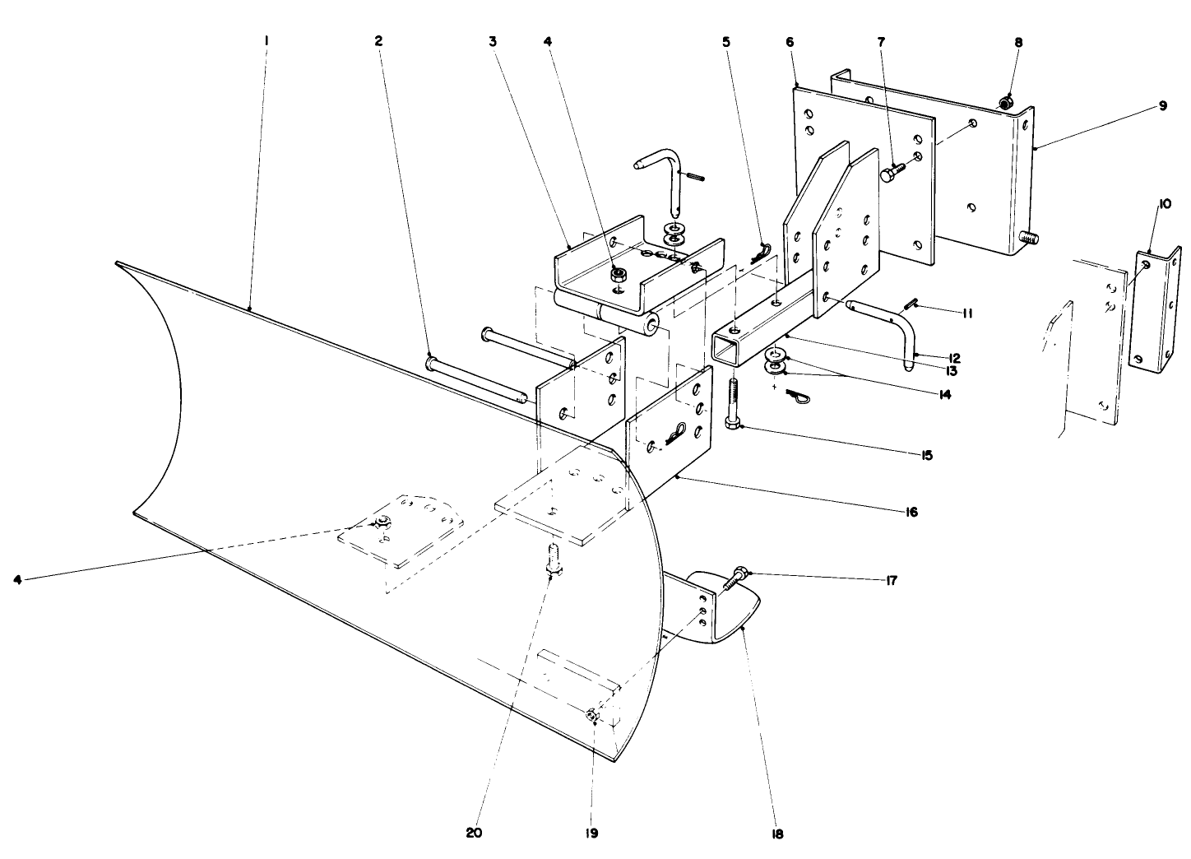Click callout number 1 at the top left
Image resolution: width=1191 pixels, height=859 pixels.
pyautogui.click(x=266, y=40)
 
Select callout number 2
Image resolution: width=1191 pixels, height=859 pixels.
pyautogui.click(x=378, y=40)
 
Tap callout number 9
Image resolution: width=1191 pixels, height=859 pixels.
pyautogui.click(x=1163, y=105)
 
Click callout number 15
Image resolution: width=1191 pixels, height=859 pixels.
pyautogui.click(x=926, y=454)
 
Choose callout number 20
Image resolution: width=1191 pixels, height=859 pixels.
pyautogui.click(x=474, y=832)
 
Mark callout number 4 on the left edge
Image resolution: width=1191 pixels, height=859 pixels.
pyautogui.click(x=17, y=579)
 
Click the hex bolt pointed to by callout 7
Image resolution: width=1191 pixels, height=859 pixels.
pyautogui.click(x=891, y=173)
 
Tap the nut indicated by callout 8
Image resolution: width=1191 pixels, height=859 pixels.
pyautogui.click(x=1004, y=104)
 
